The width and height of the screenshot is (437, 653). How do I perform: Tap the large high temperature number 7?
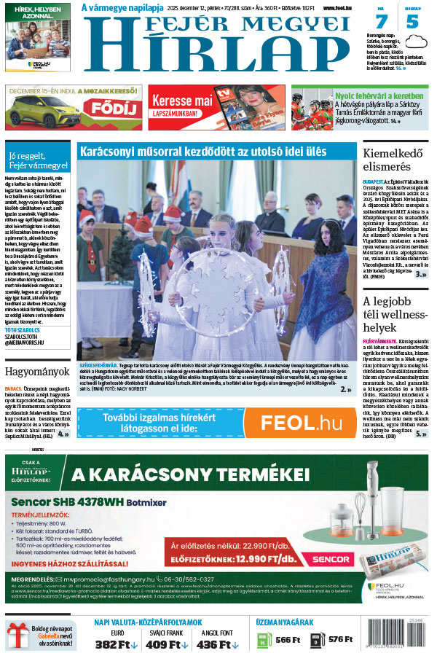pos(382,21)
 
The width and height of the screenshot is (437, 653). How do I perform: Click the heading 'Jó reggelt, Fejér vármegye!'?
pos(36,159)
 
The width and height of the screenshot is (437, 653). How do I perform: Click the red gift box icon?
pos(17,636)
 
